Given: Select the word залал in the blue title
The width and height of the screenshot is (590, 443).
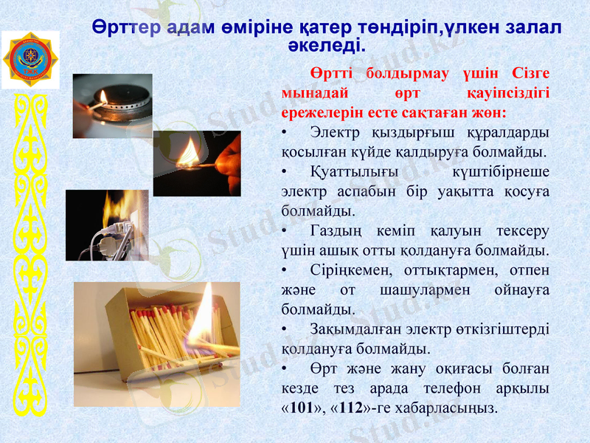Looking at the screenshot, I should [x=535, y=27].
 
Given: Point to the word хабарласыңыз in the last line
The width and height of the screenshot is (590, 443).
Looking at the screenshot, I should [x=454, y=408].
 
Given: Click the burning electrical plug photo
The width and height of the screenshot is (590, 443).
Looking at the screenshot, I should [x=107, y=225].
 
